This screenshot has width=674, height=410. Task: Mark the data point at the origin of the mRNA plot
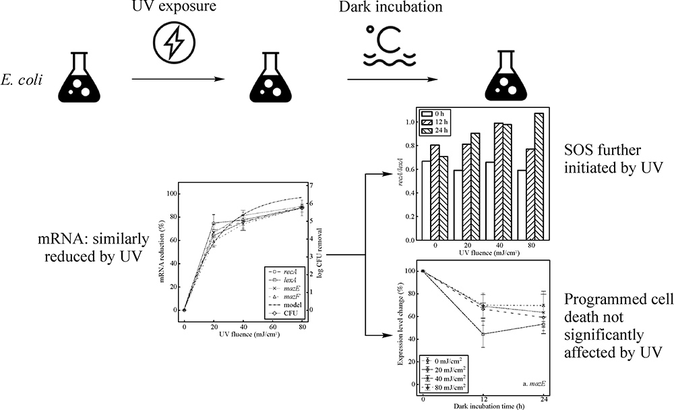184,310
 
